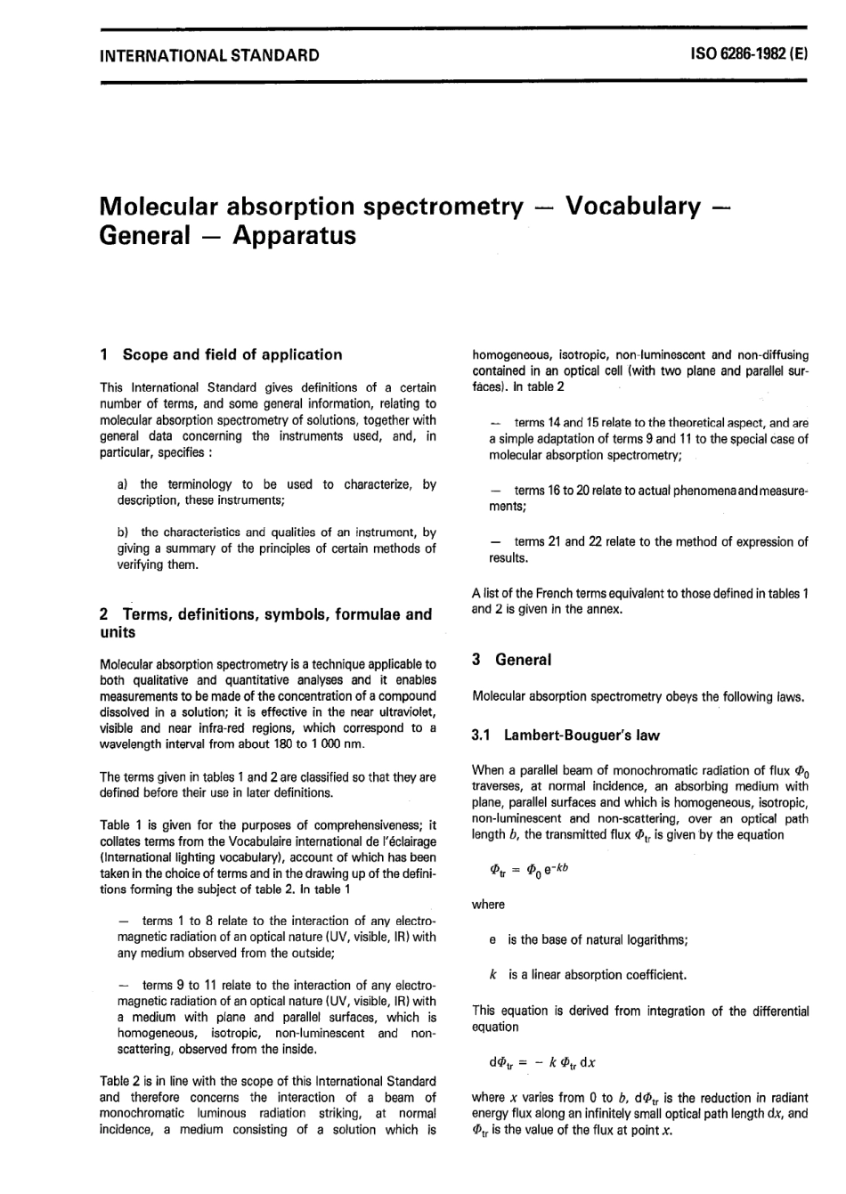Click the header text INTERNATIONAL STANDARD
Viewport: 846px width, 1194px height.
pos(209,55)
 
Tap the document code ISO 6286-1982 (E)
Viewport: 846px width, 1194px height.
pos(748,54)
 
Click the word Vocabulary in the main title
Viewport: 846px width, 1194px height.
pos(633,206)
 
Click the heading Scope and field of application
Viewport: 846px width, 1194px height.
pos(232,354)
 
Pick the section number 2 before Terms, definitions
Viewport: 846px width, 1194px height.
pos(104,614)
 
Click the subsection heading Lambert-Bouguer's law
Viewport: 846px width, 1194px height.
pos(581,735)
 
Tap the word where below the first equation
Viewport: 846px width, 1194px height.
pos(488,905)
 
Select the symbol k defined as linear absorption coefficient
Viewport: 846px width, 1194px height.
pos(493,975)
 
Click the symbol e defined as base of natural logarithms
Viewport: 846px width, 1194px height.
pos(493,940)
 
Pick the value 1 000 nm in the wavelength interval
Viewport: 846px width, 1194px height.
pos(330,744)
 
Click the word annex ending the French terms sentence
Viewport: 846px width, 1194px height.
pos(606,609)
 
